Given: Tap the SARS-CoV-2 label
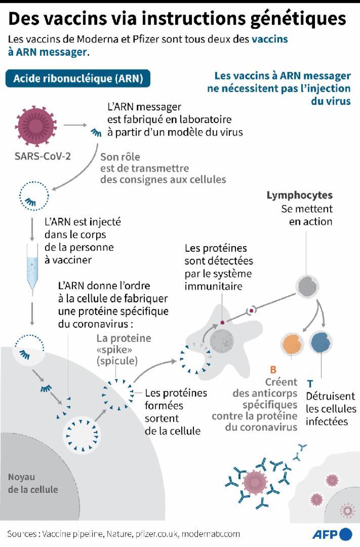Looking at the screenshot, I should [43, 155].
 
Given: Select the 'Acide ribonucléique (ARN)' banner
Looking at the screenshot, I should [78, 79].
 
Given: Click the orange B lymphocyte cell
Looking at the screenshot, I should [293, 344].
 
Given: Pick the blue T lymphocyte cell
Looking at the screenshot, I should [321, 343].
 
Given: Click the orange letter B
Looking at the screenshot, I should [273, 370].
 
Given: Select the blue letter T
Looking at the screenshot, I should [310, 383].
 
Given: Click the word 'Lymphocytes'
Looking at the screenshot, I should [299, 195].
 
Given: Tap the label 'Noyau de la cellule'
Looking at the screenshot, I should [33, 483].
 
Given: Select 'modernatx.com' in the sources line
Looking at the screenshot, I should [211, 534].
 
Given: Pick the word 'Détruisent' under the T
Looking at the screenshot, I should [330, 396].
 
